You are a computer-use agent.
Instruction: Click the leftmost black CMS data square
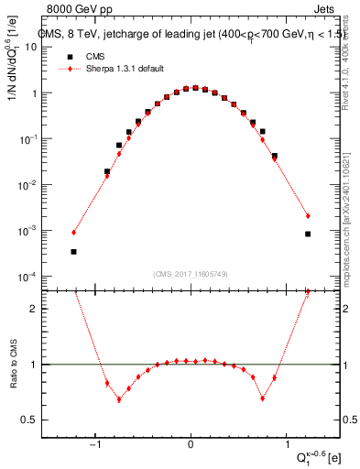[73, 251]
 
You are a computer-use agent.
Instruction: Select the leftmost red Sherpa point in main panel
[73, 232]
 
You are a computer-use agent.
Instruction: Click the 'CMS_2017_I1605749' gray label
[191, 274]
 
